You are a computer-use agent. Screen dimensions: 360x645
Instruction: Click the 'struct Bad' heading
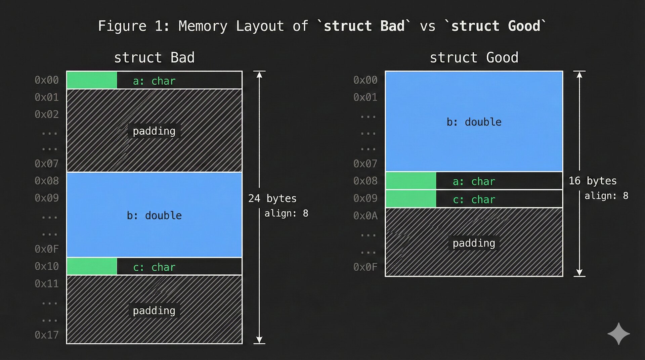pyautogui.click(x=154, y=58)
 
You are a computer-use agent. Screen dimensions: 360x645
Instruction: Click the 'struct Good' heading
pyautogui.click(x=474, y=58)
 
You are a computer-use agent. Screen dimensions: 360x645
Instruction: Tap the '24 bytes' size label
pyautogui.click(x=272, y=198)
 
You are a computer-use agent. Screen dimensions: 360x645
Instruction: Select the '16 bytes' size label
pyautogui.click(x=593, y=181)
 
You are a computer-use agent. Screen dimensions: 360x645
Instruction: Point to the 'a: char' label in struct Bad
pyautogui.click(x=154, y=81)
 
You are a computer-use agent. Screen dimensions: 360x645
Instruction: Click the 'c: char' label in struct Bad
pyautogui.click(x=154, y=267)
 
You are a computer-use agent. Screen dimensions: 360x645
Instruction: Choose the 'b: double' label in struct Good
pyautogui.click(x=474, y=122)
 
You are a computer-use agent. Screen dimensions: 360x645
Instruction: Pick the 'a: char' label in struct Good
pyautogui.click(x=474, y=181)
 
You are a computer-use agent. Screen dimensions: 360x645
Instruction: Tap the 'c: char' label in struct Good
pyautogui.click(x=474, y=199)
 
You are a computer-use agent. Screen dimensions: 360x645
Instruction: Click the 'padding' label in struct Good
pyautogui.click(x=474, y=243)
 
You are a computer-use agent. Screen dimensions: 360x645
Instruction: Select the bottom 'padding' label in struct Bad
pyautogui.click(x=154, y=310)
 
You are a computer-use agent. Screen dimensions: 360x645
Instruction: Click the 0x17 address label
pyautogui.click(x=47, y=335)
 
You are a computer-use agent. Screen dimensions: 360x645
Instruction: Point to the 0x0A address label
pyautogui.click(x=365, y=216)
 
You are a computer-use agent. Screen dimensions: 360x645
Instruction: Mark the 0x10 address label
pyautogui.click(x=47, y=266)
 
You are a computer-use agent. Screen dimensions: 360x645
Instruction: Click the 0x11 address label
pyautogui.click(x=47, y=284)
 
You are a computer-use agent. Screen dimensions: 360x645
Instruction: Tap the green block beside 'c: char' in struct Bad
pyautogui.click(x=92, y=266)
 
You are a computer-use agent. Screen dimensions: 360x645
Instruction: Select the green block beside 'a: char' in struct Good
pyautogui.click(x=411, y=181)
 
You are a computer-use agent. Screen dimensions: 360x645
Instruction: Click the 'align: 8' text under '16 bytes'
pyautogui.click(x=606, y=196)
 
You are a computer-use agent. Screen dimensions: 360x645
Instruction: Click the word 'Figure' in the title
pyautogui.click(x=122, y=26)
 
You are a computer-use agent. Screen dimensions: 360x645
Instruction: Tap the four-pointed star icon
pyautogui.click(x=618, y=334)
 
